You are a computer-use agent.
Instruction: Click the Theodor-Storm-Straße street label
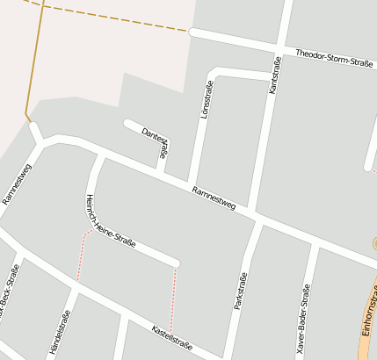tap(334, 58)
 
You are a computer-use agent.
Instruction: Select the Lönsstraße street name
tap(207, 100)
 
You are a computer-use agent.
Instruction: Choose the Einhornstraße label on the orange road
tap(368, 312)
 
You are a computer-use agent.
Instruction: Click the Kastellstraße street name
tap(172, 334)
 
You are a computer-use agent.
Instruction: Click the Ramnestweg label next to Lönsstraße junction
tap(214, 198)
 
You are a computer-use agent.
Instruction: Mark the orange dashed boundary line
tap(114, 18)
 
